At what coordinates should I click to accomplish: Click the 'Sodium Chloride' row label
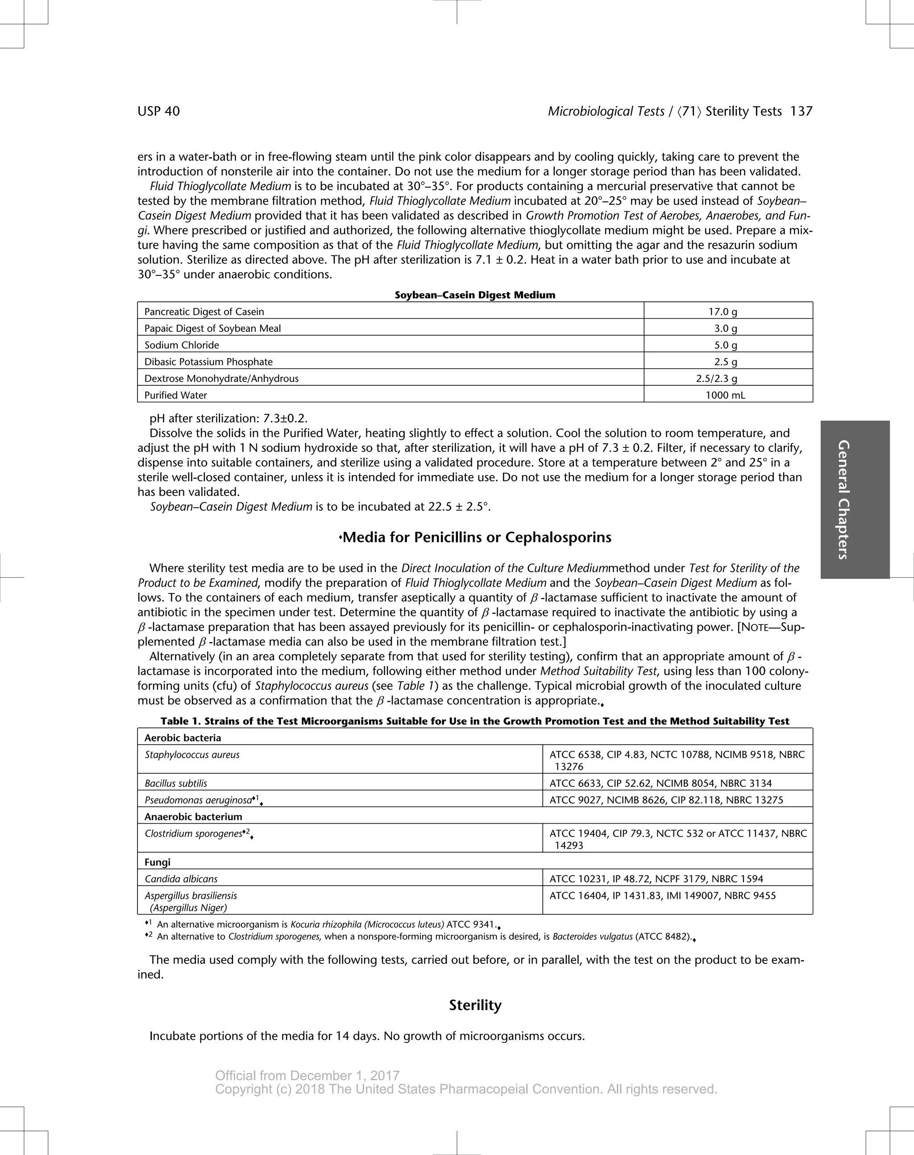[x=182, y=345]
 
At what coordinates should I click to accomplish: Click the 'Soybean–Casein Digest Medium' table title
[x=475, y=295]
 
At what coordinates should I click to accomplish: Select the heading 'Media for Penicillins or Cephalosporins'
[x=476, y=538]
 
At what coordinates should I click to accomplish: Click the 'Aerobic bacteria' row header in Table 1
[x=183, y=738]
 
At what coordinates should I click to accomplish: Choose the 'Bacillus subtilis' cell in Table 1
[x=175, y=783]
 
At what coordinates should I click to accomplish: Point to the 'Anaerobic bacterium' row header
[x=193, y=817]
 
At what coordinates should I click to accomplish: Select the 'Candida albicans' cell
[x=181, y=879]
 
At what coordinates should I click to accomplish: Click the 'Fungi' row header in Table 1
[x=158, y=862]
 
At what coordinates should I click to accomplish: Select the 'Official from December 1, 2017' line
[x=307, y=1076]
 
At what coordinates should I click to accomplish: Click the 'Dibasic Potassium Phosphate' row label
[x=209, y=362]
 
